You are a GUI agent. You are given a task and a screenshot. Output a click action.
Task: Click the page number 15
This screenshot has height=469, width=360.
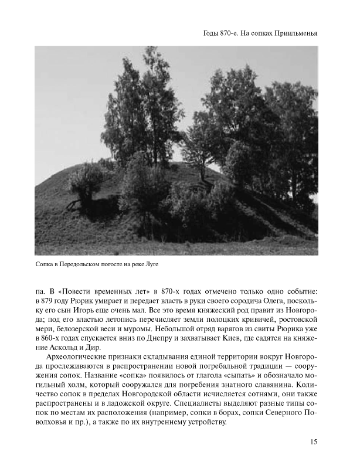313,441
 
